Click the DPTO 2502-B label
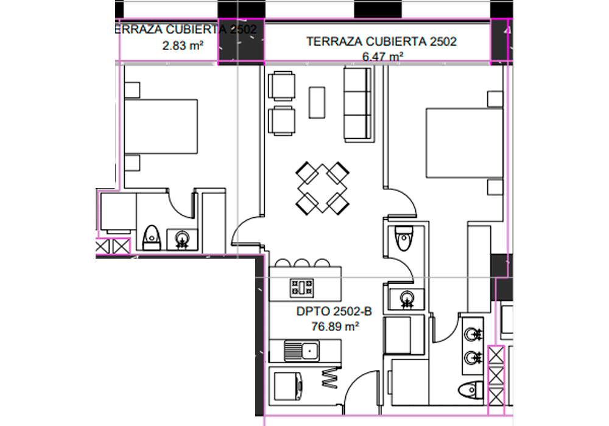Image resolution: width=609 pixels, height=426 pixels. click(x=334, y=311)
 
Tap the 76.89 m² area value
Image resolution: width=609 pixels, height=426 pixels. click(x=335, y=326)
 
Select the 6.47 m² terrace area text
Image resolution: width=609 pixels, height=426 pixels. click(x=382, y=57)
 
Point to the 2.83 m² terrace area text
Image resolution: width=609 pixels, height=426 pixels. click(x=183, y=46)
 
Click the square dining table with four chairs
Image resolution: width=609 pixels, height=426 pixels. click(x=322, y=189)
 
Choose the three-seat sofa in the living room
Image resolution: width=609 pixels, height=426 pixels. click(x=358, y=103)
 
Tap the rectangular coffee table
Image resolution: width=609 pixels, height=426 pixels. click(x=317, y=102)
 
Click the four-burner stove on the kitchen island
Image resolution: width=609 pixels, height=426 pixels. click(x=301, y=288)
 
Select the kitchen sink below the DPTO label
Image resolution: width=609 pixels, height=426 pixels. click(x=301, y=351)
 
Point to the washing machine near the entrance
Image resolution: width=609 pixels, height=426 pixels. click(x=288, y=386)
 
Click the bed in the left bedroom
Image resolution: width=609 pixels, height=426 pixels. click(x=161, y=127)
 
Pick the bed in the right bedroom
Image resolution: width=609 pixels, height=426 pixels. click(x=465, y=143)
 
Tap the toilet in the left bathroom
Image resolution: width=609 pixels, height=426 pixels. click(x=152, y=237)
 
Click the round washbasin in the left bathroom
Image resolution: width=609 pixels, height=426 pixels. click(x=181, y=239)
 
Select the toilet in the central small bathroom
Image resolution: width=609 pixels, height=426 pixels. click(x=404, y=238)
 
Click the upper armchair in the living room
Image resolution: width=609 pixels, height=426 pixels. click(x=281, y=86)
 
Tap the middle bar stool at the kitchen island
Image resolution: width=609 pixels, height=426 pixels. click(x=302, y=263)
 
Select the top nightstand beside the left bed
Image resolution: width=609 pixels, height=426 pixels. click(x=132, y=90)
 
